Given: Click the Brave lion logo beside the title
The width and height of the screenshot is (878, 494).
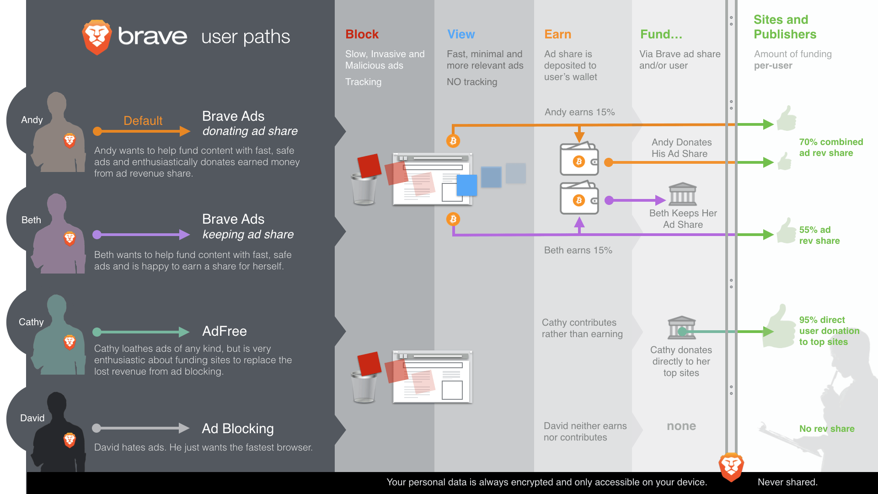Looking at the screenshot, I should [x=96, y=37].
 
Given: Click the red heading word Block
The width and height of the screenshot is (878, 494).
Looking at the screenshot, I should [x=362, y=34].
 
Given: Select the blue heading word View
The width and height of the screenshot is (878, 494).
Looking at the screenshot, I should [x=460, y=34].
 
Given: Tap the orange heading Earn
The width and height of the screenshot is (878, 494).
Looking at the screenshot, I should [x=557, y=34].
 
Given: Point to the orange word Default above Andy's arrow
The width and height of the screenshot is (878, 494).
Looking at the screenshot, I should [x=143, y=121].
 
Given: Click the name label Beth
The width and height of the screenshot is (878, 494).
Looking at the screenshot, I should [x=31, y=220].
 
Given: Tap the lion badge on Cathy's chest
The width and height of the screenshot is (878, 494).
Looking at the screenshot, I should [x=70, y=342].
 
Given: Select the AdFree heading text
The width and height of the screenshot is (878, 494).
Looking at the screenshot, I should [x=224, y=331].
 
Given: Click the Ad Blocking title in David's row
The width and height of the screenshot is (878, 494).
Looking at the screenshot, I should [x=238, y=429].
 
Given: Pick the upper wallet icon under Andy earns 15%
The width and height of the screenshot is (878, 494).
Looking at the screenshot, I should [x=579, y=160].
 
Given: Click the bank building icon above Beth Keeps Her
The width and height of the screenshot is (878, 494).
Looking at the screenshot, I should [x=682, y=194].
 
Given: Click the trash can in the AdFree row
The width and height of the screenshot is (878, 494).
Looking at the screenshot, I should [x=364, y=387].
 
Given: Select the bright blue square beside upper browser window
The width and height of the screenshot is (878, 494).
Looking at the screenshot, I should [x=466, y=185].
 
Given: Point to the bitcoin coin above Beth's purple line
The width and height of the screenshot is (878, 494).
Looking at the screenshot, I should [x=453, y=219].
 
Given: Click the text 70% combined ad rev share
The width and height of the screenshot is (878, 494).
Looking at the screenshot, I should [x=830, y=148].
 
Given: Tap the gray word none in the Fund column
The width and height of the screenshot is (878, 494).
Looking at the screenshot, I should [x=681, y=426].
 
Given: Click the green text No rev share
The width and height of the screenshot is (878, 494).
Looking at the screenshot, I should [x=826, y=429].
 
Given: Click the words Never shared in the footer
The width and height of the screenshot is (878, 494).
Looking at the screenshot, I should [x=787, y=482].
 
